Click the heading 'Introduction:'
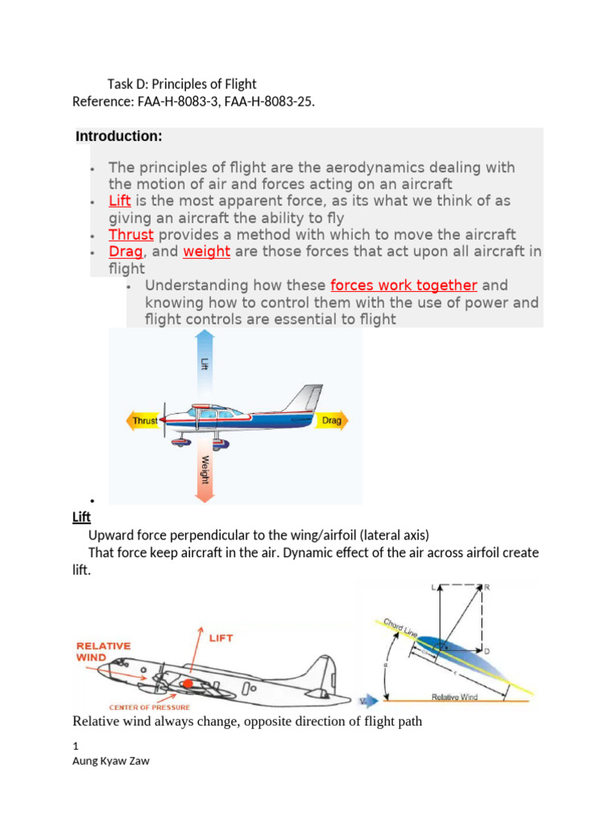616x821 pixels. pyautogui.click(x=119, y=136)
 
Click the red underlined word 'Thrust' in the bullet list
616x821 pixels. pyautogui.click(x=131, y=235)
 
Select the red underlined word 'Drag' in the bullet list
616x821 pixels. pyautogui.click(x=125, y=252)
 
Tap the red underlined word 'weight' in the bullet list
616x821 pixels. pyautogui.click(x=206, y=252)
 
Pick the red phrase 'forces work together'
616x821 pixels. pyautogui.click(x=403, y=285)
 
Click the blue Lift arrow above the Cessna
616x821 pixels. pyautogui.click(x=204, y=361)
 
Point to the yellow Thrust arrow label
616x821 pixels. pyautogui.click(x=144, y=420)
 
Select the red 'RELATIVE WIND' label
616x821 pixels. pyautogui.click(x=104, y=650)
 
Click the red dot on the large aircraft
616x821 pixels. pyautogui.click(x=188, y=683)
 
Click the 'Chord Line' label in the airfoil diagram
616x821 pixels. pyautogui.click(x=399, y=629)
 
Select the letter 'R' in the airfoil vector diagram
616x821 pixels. pyautogui.click(x=487, y=587)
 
